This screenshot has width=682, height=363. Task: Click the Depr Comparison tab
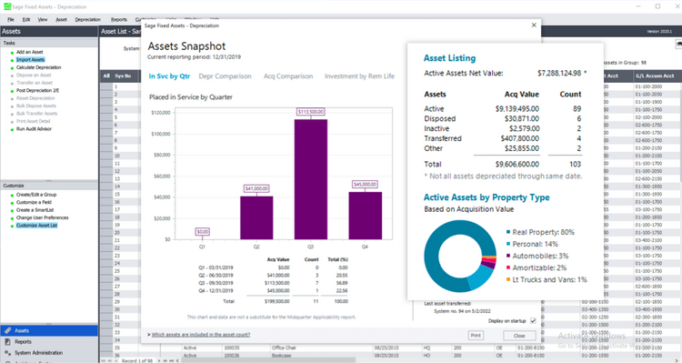coord(225,77)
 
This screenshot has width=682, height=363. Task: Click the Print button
coord(475,335)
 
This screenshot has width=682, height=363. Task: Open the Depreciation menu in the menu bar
coord(87,18)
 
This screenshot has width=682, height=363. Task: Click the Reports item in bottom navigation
coord(25,342)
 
